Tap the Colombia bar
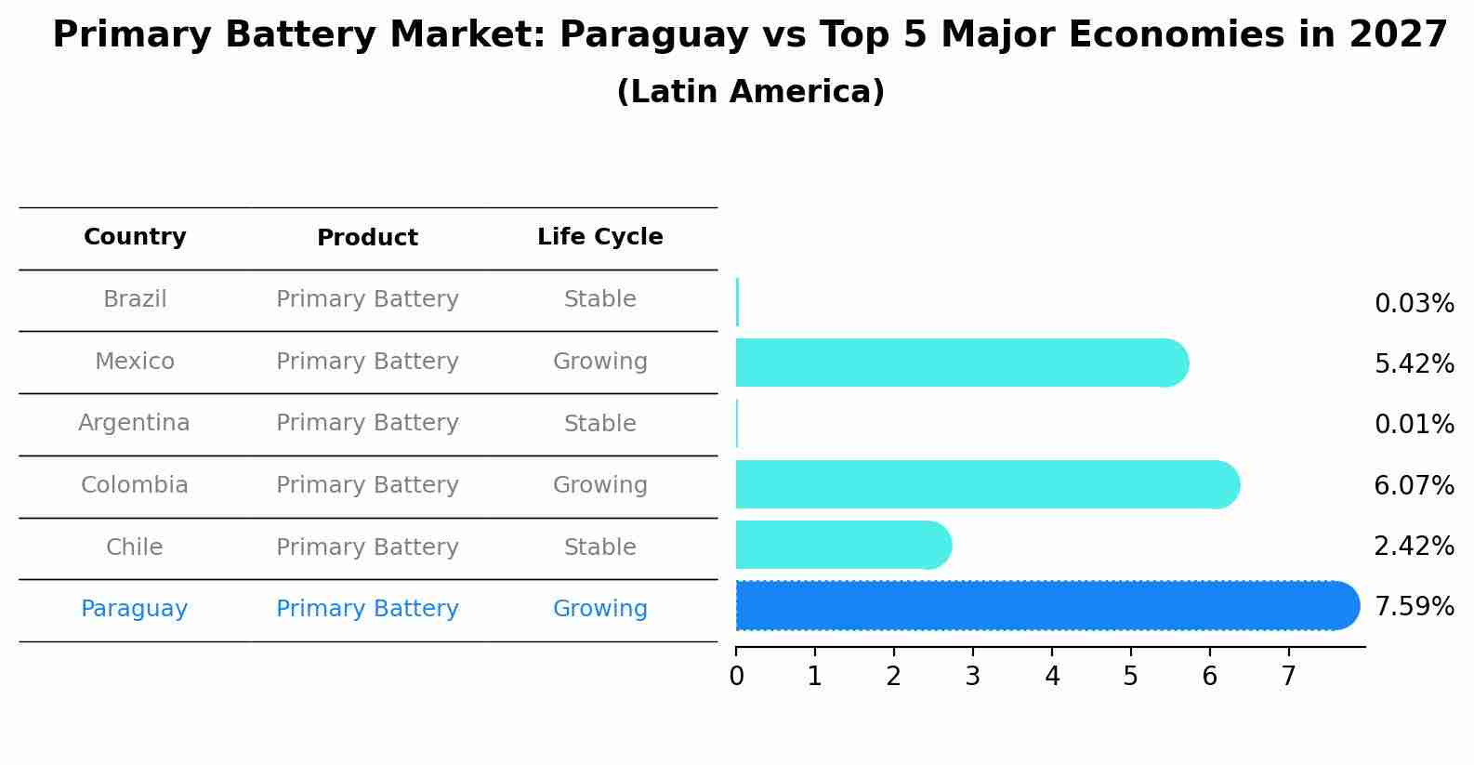click(x=985, y=484)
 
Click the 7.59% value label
click(x=1414, y=607)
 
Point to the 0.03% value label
click(x=1414, y=304)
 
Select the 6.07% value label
click(x=1414, y=485)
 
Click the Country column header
click(x=135, y=237)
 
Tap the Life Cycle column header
click(x=599, y=237)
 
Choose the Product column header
click(x=367, y=238)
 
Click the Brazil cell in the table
click(x=135, y=299)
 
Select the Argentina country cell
click(x=134, y=423)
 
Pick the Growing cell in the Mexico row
click(x=599, y=362)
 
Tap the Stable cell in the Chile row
click(x=599, y=547)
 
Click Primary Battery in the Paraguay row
click(x=367, y=609)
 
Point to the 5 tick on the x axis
click(x=1130, y=677)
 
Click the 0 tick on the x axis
click(x=736, y=677)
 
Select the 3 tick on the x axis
click(x=972, y=677)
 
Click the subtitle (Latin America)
click(x=750, y=92)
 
